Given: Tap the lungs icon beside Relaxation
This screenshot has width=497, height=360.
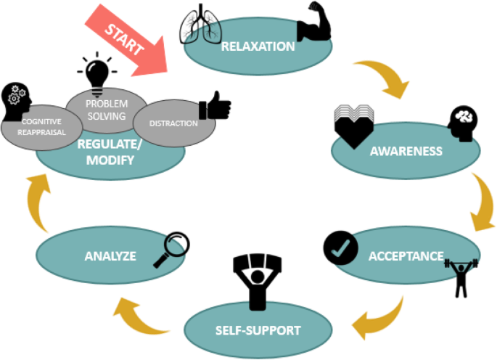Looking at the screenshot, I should coord(200,22).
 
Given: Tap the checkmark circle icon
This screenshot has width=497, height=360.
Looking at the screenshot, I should coord(340,247).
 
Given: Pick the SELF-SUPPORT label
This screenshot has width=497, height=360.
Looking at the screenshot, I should coord(259,330).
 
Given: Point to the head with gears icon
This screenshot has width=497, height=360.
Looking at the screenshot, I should coord(18,102).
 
